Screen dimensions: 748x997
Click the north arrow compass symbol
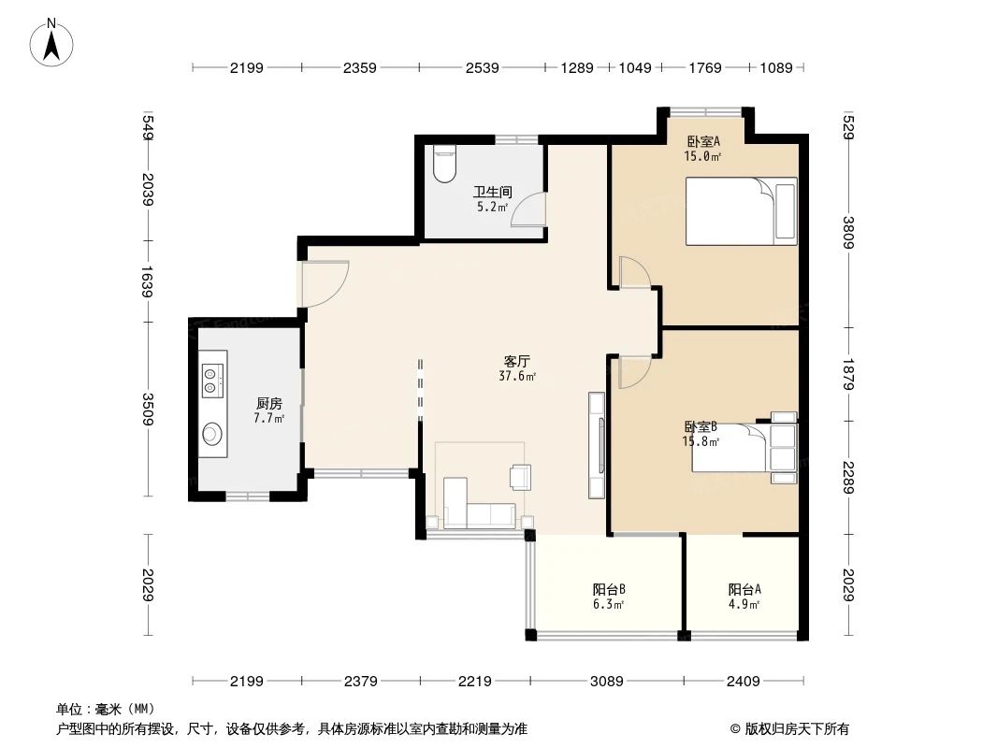tap(53, 43)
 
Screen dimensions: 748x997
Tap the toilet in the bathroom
tap(444, 165)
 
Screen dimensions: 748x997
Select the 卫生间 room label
tap(491, 194)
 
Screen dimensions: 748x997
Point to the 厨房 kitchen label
tap(268, 404)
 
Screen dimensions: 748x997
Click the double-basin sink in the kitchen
tap(213, 376)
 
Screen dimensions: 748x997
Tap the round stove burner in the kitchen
tap(213, 434)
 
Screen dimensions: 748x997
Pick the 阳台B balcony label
tap(608, 589)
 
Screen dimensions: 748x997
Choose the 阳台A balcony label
tap(744, 589)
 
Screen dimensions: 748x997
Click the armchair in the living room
tap(520, 477)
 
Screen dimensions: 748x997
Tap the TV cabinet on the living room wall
tap(596, 445)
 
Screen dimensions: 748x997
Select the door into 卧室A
tap(635, 273)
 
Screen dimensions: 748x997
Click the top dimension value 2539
tap(481, 67)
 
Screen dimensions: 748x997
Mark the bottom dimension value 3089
tap(606, 681)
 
